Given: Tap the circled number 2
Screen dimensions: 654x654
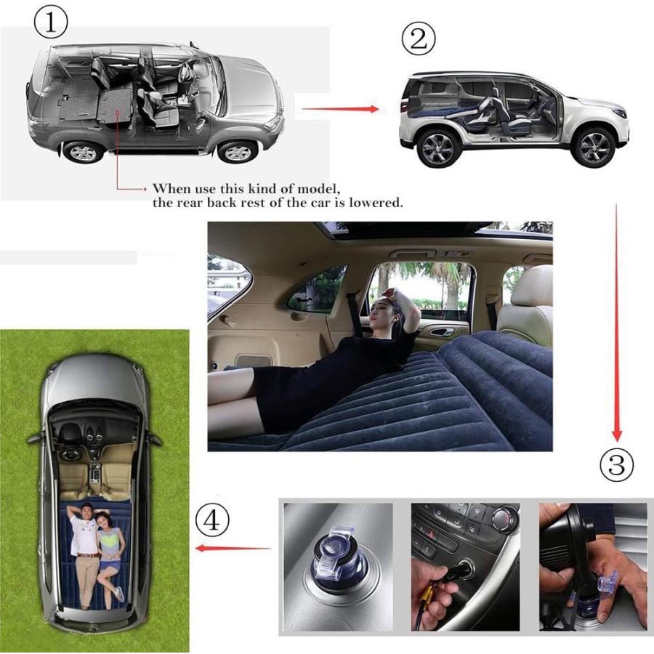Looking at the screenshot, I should click(418, 39).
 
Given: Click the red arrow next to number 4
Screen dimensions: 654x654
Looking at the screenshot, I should click(233, 548).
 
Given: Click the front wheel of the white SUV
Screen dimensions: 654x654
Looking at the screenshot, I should click(594, 147).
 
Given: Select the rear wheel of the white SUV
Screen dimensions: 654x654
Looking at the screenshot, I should click(437, 148).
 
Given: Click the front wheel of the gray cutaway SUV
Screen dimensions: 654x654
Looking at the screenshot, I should click(238, 151).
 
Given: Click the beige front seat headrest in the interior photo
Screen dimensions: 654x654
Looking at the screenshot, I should click(533, 286).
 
